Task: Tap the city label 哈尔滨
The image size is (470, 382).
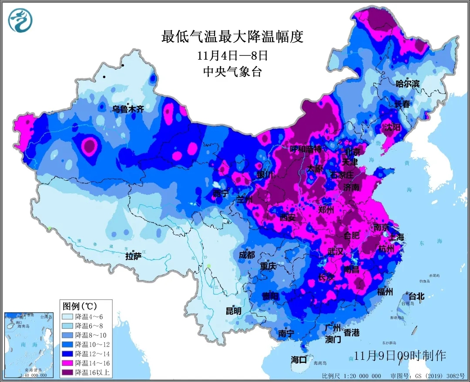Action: tap(407, 84)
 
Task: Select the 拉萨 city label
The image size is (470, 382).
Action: tap(134, 256)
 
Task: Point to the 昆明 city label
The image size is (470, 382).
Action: tap(233, 311)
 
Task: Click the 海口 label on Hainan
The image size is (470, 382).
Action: tap(299, 360)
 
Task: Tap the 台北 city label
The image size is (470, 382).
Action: tap(414, 297)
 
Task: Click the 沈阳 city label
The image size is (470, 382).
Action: tap(392, 127)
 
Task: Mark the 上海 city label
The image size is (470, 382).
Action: tap(396, 237)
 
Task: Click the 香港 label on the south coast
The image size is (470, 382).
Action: tap(352, 333)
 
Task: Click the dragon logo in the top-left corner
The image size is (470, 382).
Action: tap(20, 20)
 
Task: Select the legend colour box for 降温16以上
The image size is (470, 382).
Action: tap(68, 372)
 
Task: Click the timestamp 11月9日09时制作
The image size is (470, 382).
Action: tap(400, 355)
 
